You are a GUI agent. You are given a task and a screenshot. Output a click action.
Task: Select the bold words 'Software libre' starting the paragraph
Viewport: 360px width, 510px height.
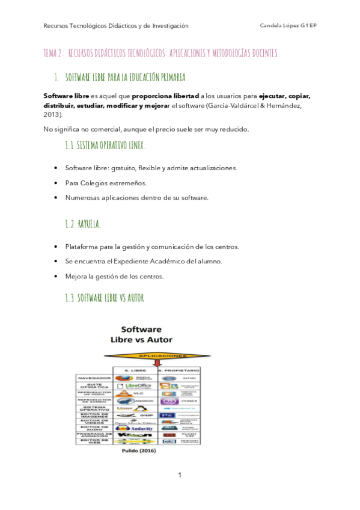[67, 96]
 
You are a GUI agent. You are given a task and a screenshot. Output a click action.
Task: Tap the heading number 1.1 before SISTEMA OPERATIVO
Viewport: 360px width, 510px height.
[69, 146]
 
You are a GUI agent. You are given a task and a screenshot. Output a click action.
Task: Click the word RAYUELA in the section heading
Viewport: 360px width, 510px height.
[89, 224]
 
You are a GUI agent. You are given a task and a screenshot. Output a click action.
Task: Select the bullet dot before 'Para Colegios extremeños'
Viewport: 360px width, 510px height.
[56, 183]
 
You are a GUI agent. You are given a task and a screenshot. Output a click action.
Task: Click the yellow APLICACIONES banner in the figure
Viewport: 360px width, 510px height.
[160, 356]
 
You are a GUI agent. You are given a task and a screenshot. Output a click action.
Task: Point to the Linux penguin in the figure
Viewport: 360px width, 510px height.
[142, 408]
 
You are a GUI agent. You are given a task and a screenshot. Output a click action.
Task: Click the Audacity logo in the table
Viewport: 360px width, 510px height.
[133, 427]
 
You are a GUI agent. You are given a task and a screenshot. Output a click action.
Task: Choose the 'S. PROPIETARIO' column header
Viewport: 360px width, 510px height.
[178, 370]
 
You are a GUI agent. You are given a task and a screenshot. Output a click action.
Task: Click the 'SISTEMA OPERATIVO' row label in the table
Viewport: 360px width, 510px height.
[93, 408]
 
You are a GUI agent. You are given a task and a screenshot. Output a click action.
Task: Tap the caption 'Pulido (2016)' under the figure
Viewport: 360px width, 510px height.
[138, 450]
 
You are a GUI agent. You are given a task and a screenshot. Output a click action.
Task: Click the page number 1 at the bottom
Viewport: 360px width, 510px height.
[180, 476]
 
